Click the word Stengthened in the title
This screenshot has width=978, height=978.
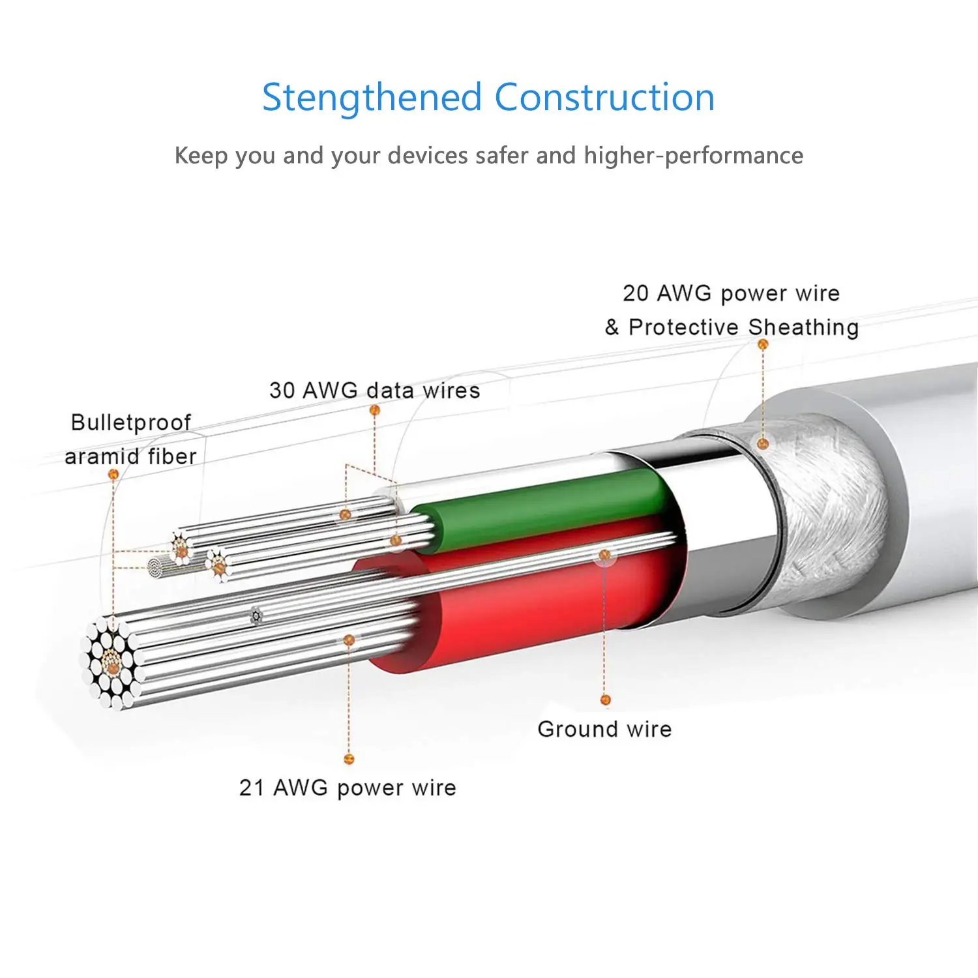pyautogui.click(x=370, y=98)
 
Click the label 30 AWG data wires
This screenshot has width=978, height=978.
pyautogui.click(x=374, y=391)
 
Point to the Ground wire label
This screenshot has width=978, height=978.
pyautogui.click(x=604, y=729)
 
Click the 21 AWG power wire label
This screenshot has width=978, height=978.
pyautogui.click(x=348, y=788)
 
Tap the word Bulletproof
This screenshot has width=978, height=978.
pyautogui.click(x=130, y=422)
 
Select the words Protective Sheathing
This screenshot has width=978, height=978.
pyautogui.click(x=743, y=327)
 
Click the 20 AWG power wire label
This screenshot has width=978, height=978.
pyautogui.click(x=731, y=293)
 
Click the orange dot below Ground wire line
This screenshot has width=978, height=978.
pyautogui.click(x=605, y=700)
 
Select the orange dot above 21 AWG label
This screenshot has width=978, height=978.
pyautogui.click(x=349, y=759)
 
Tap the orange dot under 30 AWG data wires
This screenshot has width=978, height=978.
pyautogui.click(x=374, y=410)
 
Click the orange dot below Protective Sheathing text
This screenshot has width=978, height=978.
pyautogui.click(x=763, y=344)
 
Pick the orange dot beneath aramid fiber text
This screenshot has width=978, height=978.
pyautogui.click(x=113, y=474)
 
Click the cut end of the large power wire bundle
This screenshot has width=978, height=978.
pyautogui.click(x=111, y=662)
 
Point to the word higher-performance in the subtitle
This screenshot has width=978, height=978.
pyautogui.click(x=693, y=156)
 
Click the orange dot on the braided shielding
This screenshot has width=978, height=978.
pyautogui.click(x=763, y=444)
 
